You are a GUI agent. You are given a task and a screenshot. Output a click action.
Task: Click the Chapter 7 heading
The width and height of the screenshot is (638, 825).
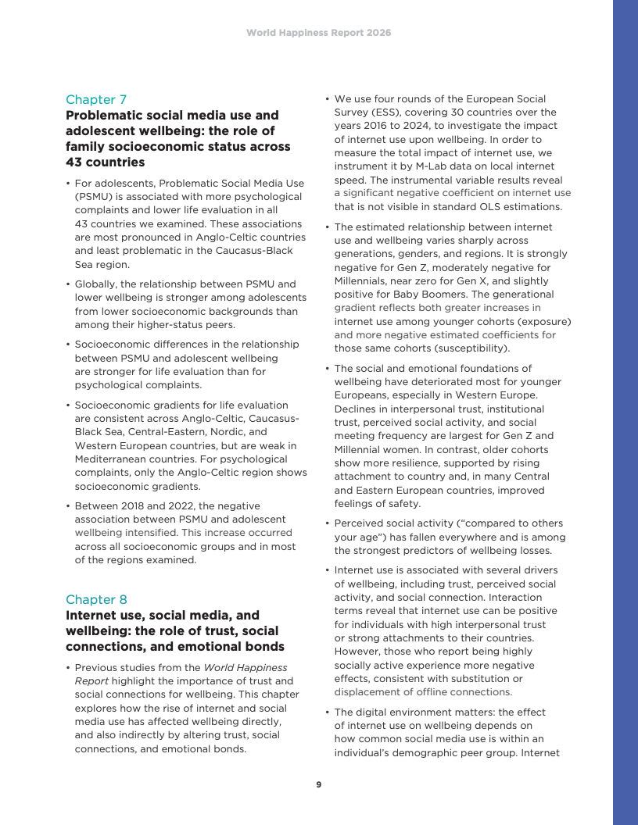tap(96, 99)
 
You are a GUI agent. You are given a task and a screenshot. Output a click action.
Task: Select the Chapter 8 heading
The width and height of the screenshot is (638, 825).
tap(96, 599)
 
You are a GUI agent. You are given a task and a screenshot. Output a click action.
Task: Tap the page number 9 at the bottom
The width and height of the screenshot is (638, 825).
tap(319, 784)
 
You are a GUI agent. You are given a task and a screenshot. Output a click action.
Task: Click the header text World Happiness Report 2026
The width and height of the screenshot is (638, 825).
tap(319, 33)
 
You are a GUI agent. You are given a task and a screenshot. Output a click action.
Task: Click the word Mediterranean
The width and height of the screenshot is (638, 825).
tap(111, 459)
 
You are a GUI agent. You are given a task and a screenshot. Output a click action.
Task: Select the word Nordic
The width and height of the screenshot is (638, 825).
tap(250, 432)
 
